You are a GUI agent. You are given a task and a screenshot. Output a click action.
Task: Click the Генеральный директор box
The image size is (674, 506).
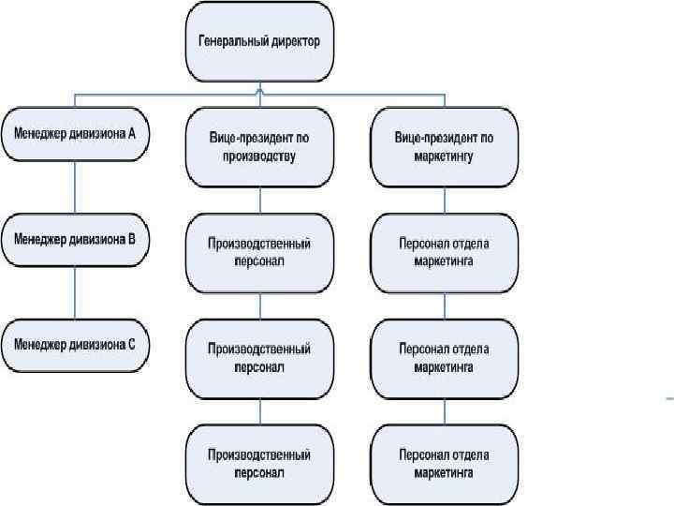coord(259,42)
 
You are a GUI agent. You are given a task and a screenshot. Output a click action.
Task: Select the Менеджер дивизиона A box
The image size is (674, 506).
coord(74,134)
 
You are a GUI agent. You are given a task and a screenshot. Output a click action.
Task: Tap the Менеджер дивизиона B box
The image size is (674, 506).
coord(74,239)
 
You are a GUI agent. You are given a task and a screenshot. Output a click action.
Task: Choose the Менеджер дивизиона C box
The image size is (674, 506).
coord(74,344)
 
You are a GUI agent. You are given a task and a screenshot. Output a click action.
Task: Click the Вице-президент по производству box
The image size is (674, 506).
coord(259,146)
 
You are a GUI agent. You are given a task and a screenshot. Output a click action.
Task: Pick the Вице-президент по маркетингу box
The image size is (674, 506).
coord(444,146)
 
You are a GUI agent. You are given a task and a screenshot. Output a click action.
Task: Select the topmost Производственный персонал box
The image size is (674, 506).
coord(259,252)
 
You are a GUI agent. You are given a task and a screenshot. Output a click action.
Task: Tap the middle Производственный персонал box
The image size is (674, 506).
coord(259,357)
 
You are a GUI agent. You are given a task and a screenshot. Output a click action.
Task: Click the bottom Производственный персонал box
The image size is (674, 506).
coord(259,463)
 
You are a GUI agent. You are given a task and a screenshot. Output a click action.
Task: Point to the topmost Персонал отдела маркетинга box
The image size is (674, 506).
coord(444,252)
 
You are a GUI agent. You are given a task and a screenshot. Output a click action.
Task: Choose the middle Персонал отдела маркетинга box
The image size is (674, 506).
coord(444,357)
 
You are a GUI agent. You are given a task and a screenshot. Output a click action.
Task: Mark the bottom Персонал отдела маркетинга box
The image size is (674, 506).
coord(444,463)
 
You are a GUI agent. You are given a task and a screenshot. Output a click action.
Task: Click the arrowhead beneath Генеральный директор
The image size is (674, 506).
coord(259,90)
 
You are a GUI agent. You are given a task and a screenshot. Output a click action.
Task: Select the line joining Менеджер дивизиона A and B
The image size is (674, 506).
coord(74,186)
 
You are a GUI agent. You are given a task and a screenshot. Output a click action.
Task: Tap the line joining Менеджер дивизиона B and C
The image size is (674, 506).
coord(74,291)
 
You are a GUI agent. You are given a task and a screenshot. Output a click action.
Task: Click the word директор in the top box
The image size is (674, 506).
coord(292,42)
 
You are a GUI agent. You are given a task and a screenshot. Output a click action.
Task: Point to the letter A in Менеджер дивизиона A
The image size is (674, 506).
coord(132,134)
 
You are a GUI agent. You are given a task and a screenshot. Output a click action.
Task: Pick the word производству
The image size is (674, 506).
coord(259,156)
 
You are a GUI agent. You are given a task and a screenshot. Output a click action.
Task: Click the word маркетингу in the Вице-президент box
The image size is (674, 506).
coord(444,156)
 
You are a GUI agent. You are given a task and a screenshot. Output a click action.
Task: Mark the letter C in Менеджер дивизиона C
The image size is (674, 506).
coord(132,344)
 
